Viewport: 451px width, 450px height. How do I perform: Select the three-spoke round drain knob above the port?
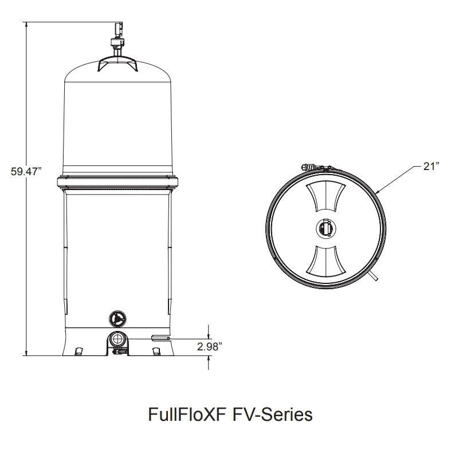click(117, 318)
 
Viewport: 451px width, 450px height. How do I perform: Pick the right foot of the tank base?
click(156, 350)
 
